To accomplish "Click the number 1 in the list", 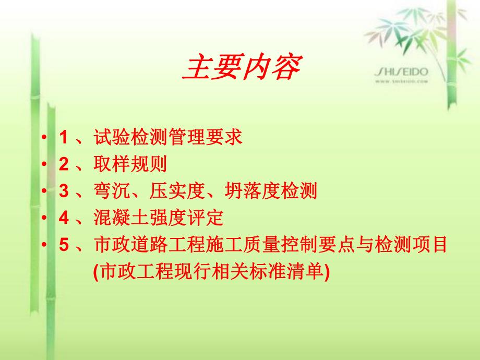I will coord(64,138).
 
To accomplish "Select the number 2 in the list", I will coord(64,165).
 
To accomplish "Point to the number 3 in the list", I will coord(64,192).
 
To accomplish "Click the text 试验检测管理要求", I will coord(168,138).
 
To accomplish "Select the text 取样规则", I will coord(130,165).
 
